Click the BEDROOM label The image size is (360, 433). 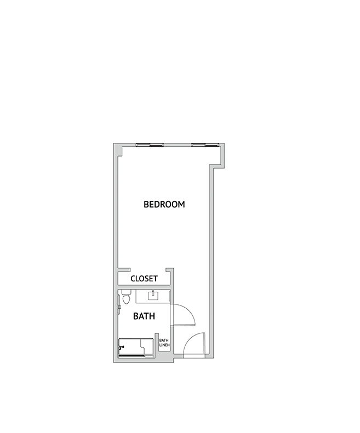pyautogui.click(x=164, y=204)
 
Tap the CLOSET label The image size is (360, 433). pyautogui.click(x=144, y=279)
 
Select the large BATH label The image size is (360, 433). pyautogui.click(x=144, y=316)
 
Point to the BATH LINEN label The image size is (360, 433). pyautogui.click(x=164, y=343)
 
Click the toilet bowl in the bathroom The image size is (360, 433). pyautogui.click(x=127, y=299)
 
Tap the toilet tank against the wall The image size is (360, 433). pyautogui.click(x=127, y=292)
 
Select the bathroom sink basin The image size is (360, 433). pyautogui.click(x=153, y=296)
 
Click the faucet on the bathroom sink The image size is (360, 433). pyautogui.click(x=153, y=293)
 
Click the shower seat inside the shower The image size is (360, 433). pyautogui.click(x=147, y=347)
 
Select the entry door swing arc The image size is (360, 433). pyautogui.click(x=190, y=339)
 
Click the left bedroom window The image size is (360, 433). pyautogui.click(x=150, y=145)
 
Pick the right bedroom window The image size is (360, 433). pyautogui.click(x=205, y=145)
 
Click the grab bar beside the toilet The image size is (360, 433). pyautogui.click(x=119, y=304)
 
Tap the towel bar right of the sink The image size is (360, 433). pyautogui.click(x=169, y=296)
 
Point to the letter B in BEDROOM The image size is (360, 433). pyautogui.click(x=146, y=204)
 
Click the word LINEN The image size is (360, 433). pyautogui.click(x=164, y=345)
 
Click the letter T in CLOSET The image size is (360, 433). pyautogui.click(x=156, y=279)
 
